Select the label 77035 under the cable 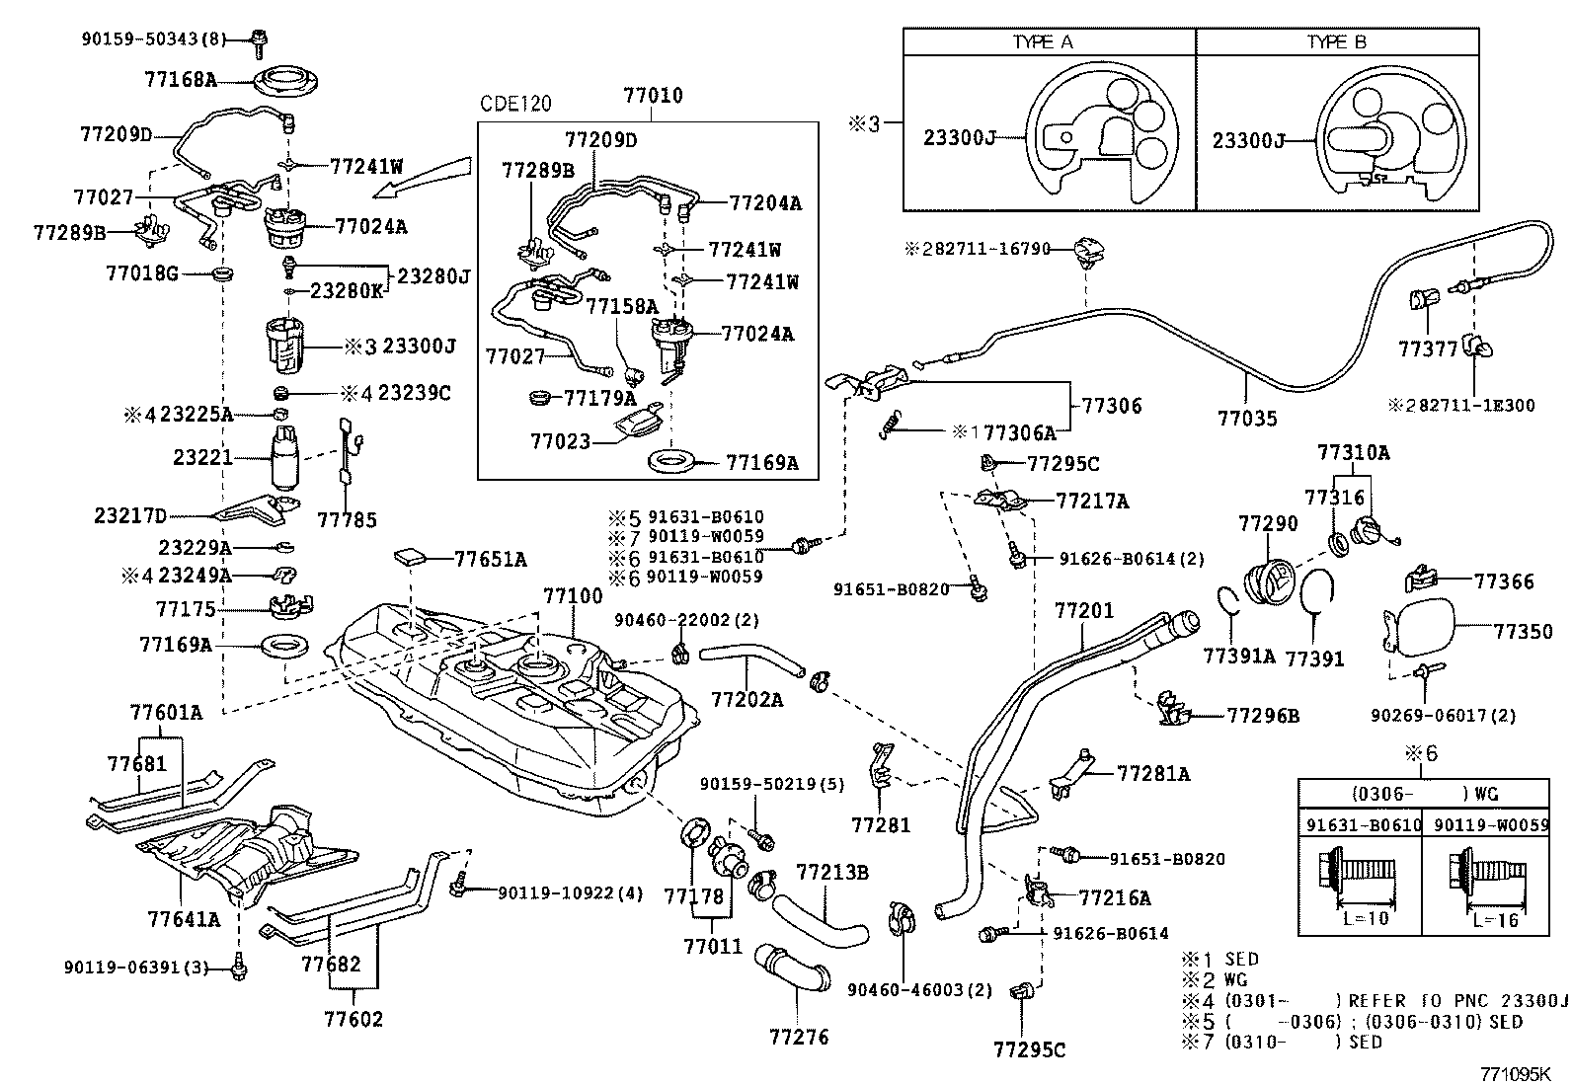(x=1247, y=418)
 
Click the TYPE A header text (x=1042, y=42)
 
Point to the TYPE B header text (x=1337, y=42)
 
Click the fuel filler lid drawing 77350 (x=1420, y=630)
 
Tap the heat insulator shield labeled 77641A (x=247, y=851)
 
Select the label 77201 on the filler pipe (x=1084, y=611)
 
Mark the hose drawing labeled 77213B (x=820, y=917)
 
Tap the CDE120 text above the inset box (x=515, y=104)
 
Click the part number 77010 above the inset (x=653, y=96)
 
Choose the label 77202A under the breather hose (x=746, y=699)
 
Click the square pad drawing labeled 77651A (x=411, y=556)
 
